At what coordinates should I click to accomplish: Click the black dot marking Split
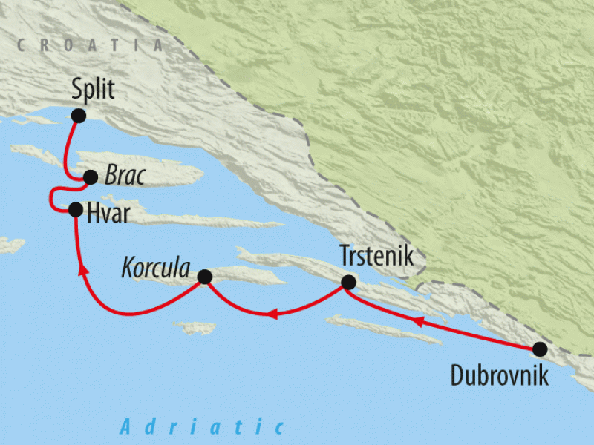[x=79, y=116]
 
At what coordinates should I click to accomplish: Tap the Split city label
[x=93, y=90]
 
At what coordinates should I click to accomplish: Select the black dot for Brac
[x=91, y=177]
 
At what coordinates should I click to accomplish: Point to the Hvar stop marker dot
[x=75, y=209]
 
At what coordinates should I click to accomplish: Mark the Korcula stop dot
[x=204, y=277]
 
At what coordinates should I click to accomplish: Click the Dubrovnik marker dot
[x=540, y=349]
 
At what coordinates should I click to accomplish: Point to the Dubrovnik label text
[x=500, y=375]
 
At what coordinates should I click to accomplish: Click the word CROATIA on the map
[x=89, y=45]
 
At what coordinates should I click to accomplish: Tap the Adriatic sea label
[x=202, y=426]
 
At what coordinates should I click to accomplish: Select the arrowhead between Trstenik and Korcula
[x=272, y=315]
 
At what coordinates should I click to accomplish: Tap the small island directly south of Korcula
[x=195, y=327]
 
